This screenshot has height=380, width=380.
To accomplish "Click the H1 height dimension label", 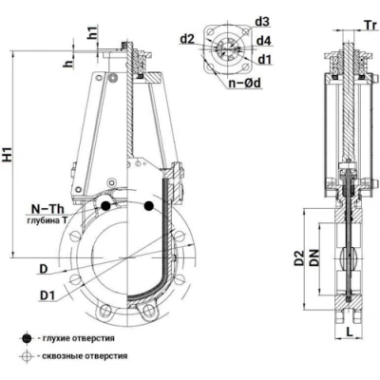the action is (x=9, y=155).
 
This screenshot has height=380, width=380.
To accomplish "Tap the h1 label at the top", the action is (x=93, y=32).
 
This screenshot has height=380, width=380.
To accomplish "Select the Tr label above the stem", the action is (x=370, y=25).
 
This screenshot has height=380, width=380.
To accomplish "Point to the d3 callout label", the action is (x=262, y=22).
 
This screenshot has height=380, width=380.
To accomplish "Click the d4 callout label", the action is (x=263, y=41).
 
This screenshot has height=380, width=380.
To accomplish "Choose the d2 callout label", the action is (x=187, y=39).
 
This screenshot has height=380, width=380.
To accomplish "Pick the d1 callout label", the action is (x=265, y=59).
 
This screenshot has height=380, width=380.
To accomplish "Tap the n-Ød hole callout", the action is (x=245, y=83).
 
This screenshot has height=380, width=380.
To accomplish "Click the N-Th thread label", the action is (x=47, y=209).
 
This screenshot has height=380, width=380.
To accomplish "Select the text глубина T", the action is (x=47, y=220).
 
